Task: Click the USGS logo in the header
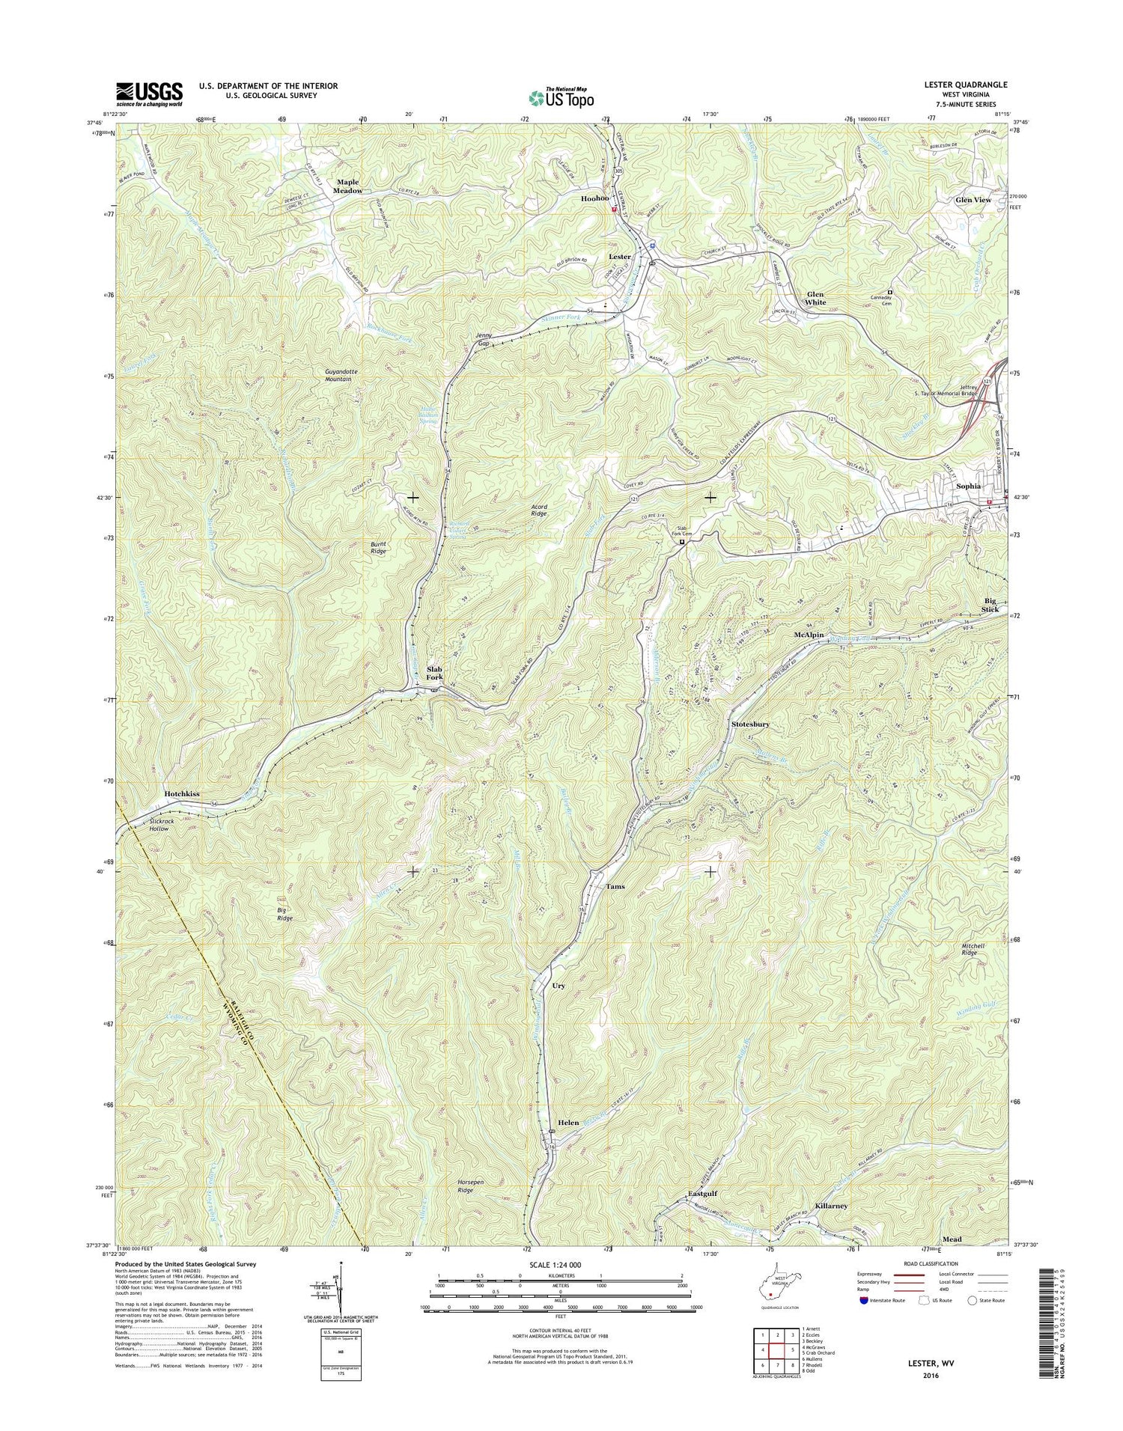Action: click(149, 93)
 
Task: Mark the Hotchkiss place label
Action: click(182, 793)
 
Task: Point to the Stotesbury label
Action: click(750, 724)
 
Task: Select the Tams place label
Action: click(615, 886)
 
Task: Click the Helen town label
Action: click(568, 1123)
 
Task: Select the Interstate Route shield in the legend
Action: click(865, 1299)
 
